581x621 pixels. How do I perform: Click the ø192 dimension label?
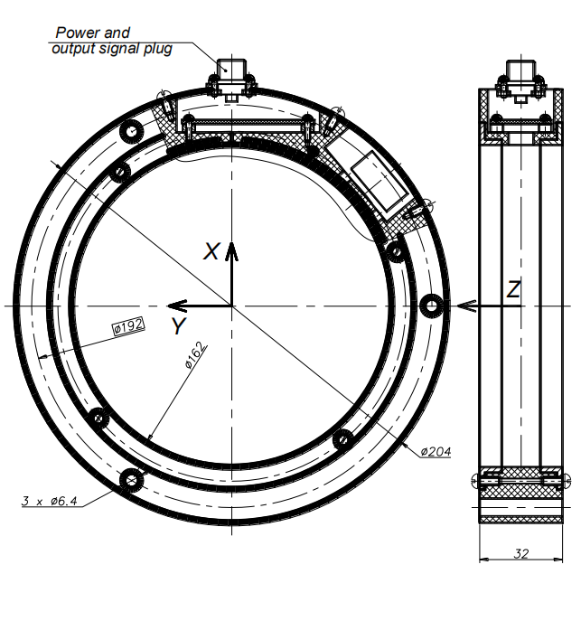pyautogui.click(x=129, y=326)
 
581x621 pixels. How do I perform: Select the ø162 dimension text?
pyautogui.click(x=195, y=354)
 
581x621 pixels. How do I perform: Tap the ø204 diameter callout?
pyautogui.click(x=436, y=451)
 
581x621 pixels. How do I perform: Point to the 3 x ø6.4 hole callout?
pyautogui.click(x=50, y=501)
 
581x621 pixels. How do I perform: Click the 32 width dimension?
pyautogui.click(x=520, y=553)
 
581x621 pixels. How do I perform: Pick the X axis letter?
pyautogui.click(x=211, y=251)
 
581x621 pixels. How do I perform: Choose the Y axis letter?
pyautogui.click(x=179, y=325)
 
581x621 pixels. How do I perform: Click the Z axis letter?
pyautogui.click(x=513, y=289)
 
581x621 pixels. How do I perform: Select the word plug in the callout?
pyautogui.click(x=157, y=49)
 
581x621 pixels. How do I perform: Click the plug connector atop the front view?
pyautogui.click(x=231, y=80)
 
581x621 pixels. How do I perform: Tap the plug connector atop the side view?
pyautogui.click(x=520, y=80)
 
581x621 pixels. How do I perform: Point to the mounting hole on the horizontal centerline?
pyautogui.click(x=431, y=306)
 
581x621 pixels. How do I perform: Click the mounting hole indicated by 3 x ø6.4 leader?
pyautogui.click(x=131, y=481)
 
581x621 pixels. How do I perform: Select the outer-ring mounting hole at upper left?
pyautogui.click(x=131, y=131)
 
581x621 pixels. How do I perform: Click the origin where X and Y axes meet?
pyautogui.click(x=232, y=306)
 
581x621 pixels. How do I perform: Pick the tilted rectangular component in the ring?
pyautogui.click(x=380, y=181)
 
